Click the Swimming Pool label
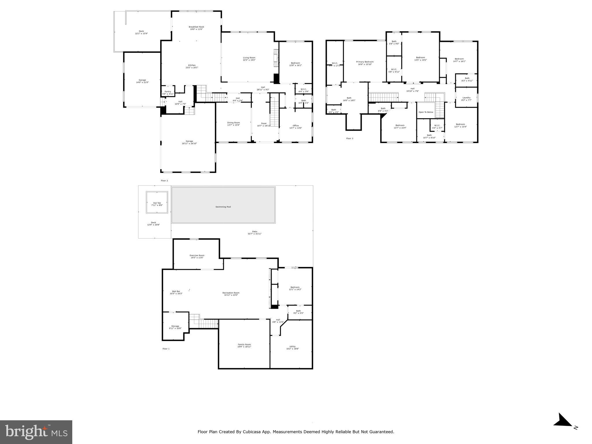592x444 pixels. [x=223, y=207]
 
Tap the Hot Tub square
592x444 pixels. [x=157, y=203]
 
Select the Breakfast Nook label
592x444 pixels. [x=196, y=28]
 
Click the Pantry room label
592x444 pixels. [x=168, y=92]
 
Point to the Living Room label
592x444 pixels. [x=249, y=59]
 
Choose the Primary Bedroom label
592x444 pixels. [x=365, y=63]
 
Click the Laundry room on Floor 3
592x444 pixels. [x=466, y=99]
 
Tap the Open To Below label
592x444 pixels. [x=426, y=112]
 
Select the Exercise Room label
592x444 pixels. [x=197, y=256]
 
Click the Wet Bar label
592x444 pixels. [x=176, y=292]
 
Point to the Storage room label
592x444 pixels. [x=175, y=327]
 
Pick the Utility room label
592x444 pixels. [x=292, y=347]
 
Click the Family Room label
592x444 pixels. [x=244, y=345]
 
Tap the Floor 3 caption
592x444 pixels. [x=349, y=138]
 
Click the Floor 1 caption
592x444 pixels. [x=166, y=349]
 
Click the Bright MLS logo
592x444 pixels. [x=36, y=432]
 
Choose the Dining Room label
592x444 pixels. [x=233, y=124]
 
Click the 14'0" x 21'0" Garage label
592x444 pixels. [x=142, y=81]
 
